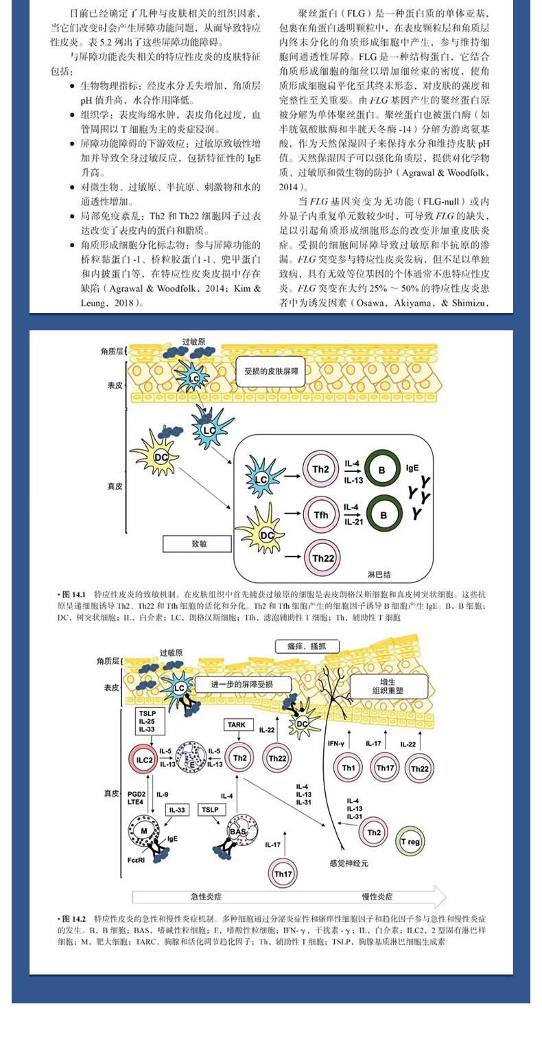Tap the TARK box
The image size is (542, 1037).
[x=239, y=724]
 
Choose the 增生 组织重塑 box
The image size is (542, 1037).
[x=388, y=685]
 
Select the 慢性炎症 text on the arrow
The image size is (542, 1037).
[x=377, y=896]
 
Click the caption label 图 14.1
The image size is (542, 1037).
[x=73, y=593]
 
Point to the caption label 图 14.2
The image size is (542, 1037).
[x=73, y=918]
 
